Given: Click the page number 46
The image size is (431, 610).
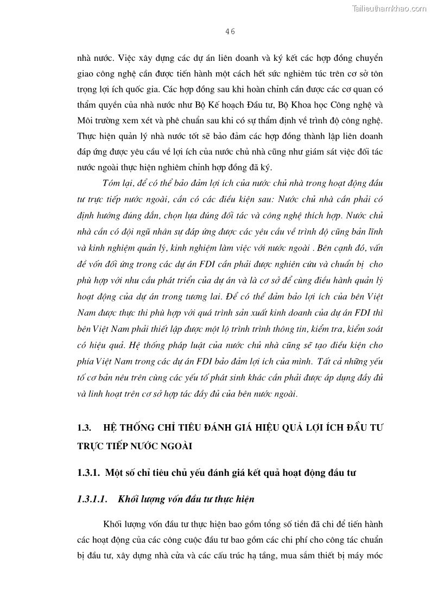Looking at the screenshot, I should tap(230, 32).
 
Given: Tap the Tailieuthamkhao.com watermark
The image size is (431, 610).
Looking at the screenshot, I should tap(390, 8).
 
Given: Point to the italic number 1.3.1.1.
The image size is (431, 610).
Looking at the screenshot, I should tap(93, 499).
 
